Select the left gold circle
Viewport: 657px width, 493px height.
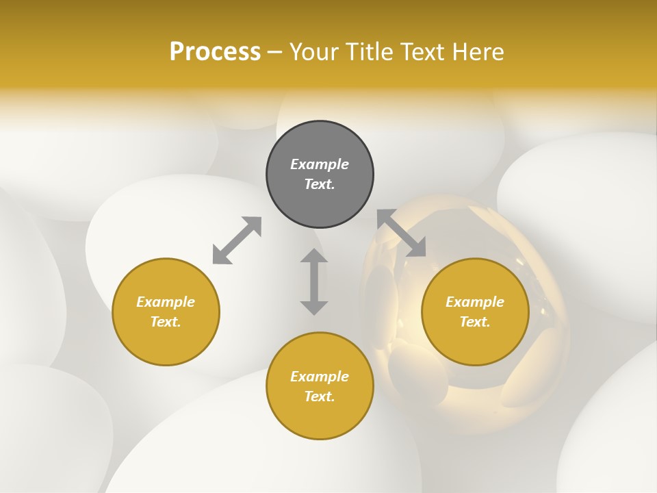point(166,342)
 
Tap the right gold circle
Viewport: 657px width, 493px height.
point(475,342)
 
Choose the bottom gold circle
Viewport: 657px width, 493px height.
point(320,418)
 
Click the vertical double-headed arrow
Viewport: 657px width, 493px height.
point(314,281)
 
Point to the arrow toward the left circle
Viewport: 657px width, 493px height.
point(237,240)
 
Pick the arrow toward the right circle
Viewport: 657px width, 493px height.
point(402,233)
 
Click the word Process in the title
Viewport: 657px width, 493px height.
point(215,51)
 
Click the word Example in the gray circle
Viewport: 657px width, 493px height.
point(320,164)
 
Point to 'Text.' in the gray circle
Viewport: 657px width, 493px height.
point(320,184)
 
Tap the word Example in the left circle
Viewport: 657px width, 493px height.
point(166,302)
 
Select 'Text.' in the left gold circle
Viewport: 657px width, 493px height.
point(166,322)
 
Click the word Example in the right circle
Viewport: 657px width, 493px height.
point(475,302)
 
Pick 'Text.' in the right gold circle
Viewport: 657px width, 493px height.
point(475,322)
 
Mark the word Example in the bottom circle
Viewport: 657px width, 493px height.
point(320,377)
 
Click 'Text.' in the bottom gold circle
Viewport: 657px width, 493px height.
point(320,396)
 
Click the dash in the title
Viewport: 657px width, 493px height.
point(274,52)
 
